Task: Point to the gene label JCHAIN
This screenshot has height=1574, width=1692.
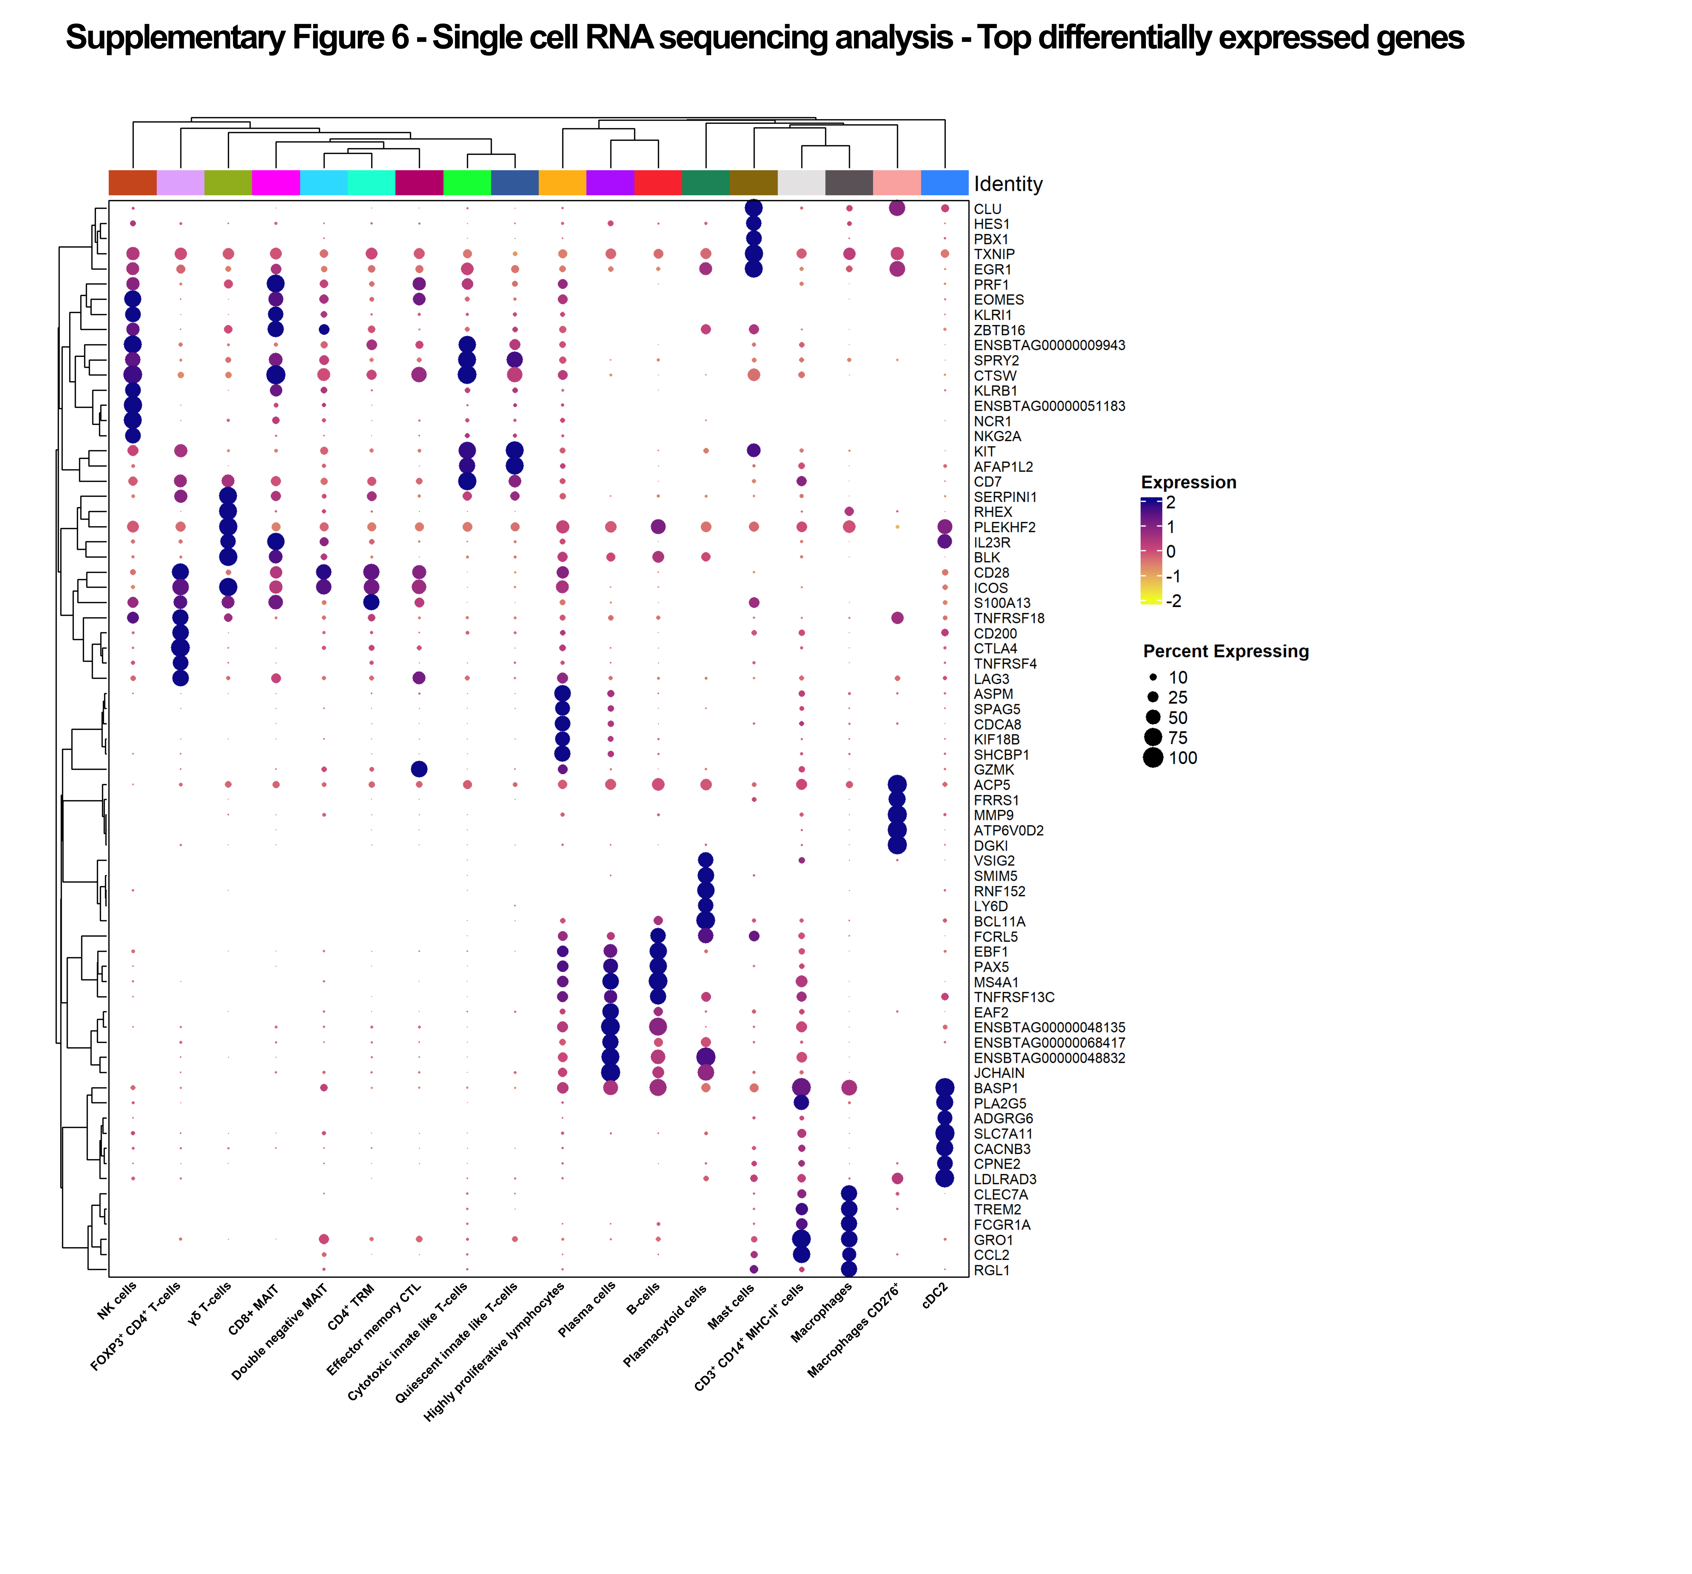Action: click(999, 1073)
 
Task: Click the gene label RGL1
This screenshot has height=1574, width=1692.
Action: click(992, 1270)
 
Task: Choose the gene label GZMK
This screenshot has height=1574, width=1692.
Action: click(994, 769)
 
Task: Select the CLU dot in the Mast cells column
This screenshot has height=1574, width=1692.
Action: click(753, 208)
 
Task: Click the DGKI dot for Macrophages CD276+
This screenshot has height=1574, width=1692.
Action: click(897, 845)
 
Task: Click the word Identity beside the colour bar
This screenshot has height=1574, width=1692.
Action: click(1009, 184)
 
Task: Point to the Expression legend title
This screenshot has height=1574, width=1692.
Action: click(1188, 483)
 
